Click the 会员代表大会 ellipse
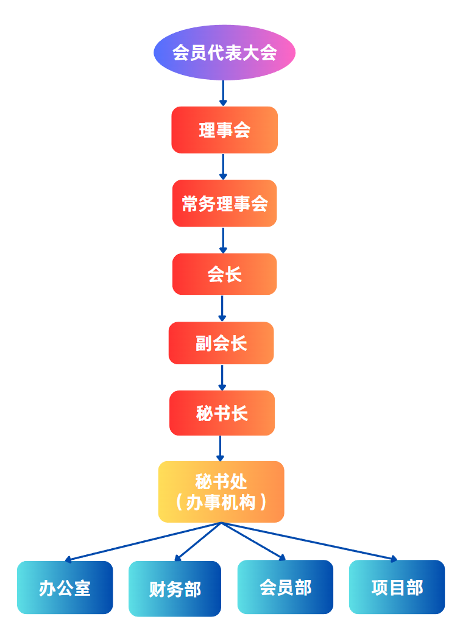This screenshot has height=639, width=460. pyautogui.click(x=224, y=52)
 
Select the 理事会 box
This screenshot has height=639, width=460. pyautogui.click(x=224, y=130)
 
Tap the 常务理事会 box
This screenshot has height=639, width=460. pyautogui.click(x=224, y=203)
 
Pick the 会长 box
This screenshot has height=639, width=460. pyautogui.click(x=224, y=274)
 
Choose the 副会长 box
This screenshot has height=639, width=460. pyautogui.click(x=221, y=343)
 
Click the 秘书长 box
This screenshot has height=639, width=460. pyautogui.click(x=222, y=413)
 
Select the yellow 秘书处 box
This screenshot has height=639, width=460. pyautogui.click(x=221, y=492)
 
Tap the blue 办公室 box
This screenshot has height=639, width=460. pyautogui.click(x=65, y=587)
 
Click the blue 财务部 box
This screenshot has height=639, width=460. pyautogui.click(x=175, y=588)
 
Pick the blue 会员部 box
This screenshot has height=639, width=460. pyautogui.click(x=285, y=587)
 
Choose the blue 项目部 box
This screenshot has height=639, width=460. pyautogui.click(x=397, y=587)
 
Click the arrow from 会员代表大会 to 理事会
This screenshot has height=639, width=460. pyautogui.click(x=223, y=93)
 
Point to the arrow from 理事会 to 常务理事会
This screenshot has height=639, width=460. pyautogui.click(x=223, y=166)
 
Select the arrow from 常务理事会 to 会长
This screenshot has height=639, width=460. pyautogui.click(x=223, y=240)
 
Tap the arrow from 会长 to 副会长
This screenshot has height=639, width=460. pyautogui.click(x=222, y=308)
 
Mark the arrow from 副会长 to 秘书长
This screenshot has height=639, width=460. pyautogui.click(x=222, y=378)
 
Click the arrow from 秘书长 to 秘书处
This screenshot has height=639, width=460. pyautogui.click(x=221, y=448)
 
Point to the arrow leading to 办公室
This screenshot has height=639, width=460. pyautogui.click(x=143, y=542)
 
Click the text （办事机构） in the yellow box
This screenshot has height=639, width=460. pyautogui.click(x=221, y=503)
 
